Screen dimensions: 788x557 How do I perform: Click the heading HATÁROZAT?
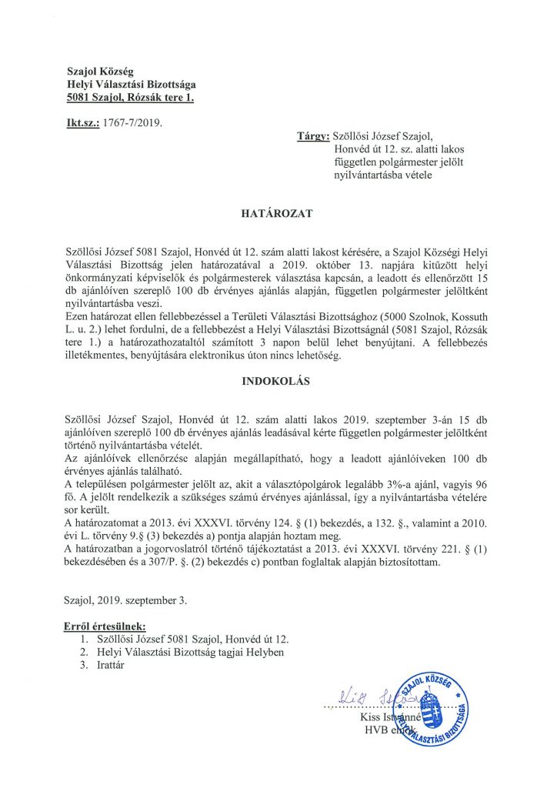[278, 213]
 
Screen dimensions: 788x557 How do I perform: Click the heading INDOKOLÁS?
[278, 380]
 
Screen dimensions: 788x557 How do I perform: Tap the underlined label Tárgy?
[313, 135]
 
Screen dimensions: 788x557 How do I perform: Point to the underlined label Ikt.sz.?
[82, 122]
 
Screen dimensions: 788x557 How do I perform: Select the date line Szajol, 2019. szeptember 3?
[126, 597]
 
